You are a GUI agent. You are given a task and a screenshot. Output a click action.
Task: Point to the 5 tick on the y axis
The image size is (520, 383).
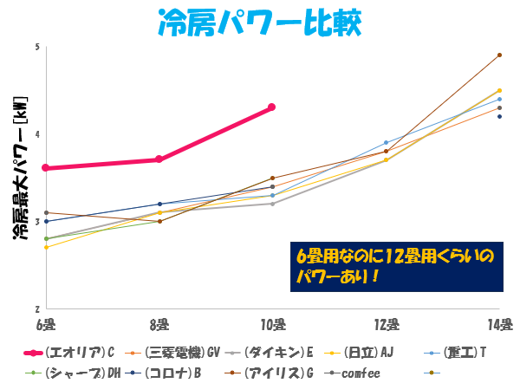tap(37, 46)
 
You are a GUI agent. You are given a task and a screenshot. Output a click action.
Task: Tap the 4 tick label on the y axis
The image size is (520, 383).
tap(37, 134)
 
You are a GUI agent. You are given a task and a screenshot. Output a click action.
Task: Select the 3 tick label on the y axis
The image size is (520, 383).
tap(37, 222)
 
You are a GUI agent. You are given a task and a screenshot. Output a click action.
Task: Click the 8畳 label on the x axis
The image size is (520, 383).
tap(159, 324)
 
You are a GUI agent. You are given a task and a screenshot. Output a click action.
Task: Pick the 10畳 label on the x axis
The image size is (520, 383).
tap(272, 324)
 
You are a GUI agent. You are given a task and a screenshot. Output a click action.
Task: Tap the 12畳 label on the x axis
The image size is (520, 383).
tap(386, 324)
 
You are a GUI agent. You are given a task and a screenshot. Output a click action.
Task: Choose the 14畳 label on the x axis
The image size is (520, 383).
tap(500, 324)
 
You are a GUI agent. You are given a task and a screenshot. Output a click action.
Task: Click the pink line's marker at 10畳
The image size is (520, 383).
tap(272, 107)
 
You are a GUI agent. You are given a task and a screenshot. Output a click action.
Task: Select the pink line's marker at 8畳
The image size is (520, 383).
tap(159, 159)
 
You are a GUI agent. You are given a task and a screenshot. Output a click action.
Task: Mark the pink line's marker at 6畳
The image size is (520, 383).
tap(45, 168)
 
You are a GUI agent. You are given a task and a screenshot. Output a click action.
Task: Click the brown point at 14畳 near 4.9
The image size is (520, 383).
tap(500, 55)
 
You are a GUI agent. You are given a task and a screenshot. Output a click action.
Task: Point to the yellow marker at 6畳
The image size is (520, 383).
tap(45, 248)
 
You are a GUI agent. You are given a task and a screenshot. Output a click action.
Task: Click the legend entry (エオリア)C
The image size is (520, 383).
tap(79, 353)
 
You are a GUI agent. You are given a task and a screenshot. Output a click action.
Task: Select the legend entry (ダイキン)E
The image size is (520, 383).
tap(278, 353)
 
